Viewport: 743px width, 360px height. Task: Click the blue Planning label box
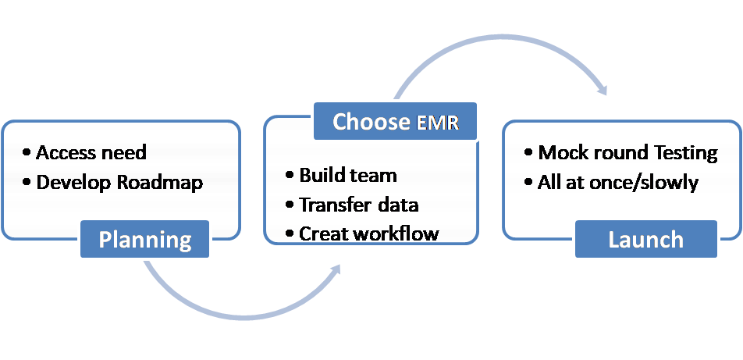click(x=145, y=239)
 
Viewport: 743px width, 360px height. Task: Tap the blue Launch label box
click(x=645, y=239)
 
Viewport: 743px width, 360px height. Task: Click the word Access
click(x=66, y=152)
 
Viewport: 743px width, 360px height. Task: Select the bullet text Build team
click(x=348, y=175)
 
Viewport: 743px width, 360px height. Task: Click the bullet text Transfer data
click(x=359, y=205)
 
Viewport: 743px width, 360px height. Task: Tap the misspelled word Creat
click(x=322, y=233)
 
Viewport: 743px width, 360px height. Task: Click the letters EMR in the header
click(x=442, y=122)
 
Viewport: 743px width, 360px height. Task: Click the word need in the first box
click(x=125, y=152)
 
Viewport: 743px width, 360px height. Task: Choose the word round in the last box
click(x=614, y=152)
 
